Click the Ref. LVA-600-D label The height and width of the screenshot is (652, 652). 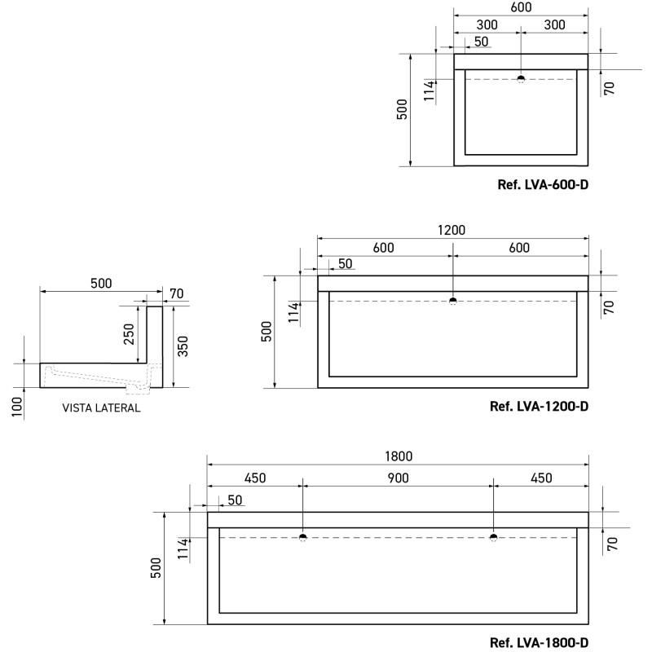543,185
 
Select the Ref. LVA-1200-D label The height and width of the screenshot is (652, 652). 539,406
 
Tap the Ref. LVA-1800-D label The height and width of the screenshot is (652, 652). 539,642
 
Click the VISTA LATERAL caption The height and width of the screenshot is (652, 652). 101,408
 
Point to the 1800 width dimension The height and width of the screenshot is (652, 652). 399,456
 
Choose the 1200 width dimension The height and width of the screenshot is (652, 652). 452,230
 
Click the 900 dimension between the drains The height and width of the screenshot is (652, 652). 398,478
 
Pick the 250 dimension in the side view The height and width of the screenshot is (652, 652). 129,334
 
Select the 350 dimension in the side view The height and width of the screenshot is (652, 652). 183,346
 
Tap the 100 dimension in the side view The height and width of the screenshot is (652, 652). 16,407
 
